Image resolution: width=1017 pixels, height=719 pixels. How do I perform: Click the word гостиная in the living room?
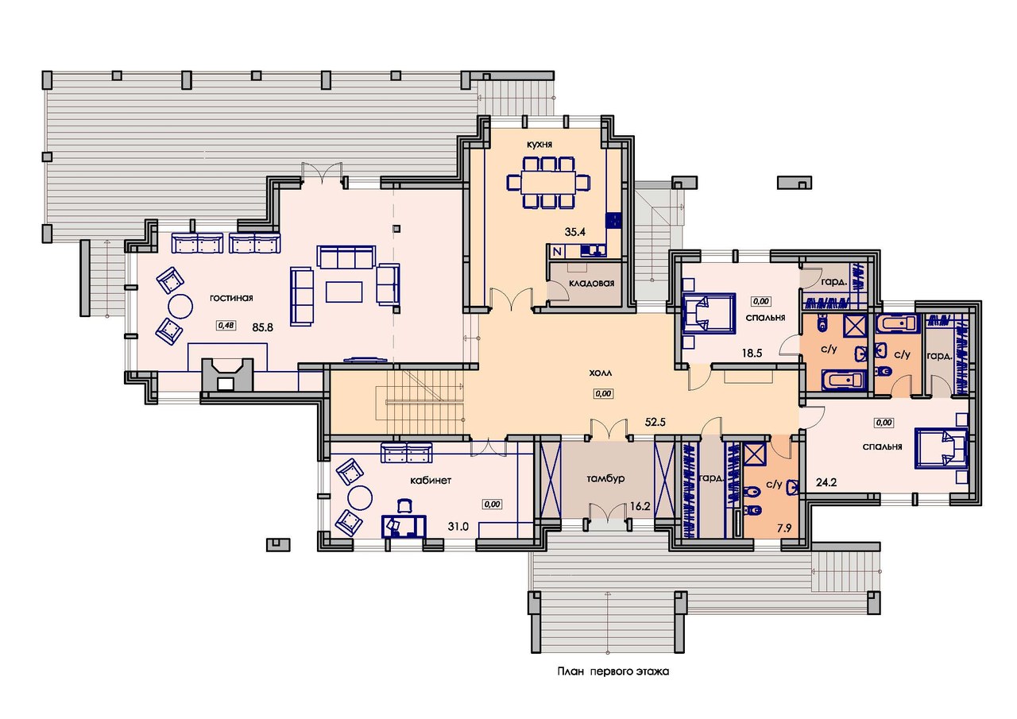coord(231,298)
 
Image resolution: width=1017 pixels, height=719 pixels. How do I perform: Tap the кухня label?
coord(539,145)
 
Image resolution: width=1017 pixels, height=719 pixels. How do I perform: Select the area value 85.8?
coord(263,327)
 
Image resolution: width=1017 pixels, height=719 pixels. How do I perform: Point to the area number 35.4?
coord(574,232)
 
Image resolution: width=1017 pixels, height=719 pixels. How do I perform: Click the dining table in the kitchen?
coord(548,183)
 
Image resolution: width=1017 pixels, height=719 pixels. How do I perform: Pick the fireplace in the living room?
coord(227,374)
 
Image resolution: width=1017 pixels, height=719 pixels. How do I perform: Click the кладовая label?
coord(591,284)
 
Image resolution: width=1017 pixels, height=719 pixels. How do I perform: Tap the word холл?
coord(600,373)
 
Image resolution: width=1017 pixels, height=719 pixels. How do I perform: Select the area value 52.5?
coord(655,422)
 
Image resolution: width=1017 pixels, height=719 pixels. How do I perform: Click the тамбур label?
coord(605,478)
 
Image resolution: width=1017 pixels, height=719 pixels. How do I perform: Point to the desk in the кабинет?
coord(404,526)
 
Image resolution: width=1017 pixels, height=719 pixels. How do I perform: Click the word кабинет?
coord(431,480)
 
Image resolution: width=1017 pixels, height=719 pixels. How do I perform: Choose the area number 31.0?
coord(458,527)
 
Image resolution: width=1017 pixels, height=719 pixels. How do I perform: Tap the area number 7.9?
coord(784,528)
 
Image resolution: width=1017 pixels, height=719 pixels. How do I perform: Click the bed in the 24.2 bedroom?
coord(941,447)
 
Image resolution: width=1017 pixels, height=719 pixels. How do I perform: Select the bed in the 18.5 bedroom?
coord(708,314)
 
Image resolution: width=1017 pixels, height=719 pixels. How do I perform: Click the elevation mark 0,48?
coord(226,325)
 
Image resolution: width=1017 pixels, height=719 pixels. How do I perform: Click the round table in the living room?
coord(180,307)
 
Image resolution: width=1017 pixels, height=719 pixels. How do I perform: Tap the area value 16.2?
coord(640,506)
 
